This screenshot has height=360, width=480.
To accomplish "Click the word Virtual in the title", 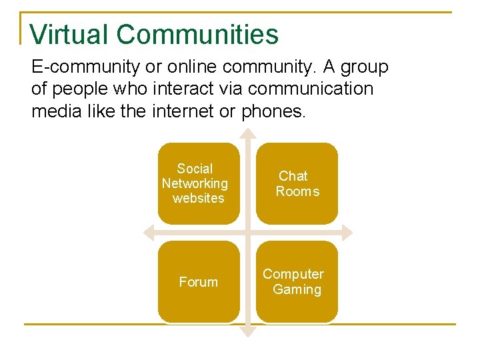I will (69, 34).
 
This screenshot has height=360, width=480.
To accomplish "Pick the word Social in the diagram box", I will (195, 169).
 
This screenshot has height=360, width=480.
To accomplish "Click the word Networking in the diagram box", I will (195, 183).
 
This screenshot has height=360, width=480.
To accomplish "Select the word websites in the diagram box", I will (198, 198).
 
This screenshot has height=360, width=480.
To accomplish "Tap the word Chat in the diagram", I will (293, 176).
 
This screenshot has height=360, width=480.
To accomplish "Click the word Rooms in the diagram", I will (297, 191).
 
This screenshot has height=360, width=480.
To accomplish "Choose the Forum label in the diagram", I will (198, 282).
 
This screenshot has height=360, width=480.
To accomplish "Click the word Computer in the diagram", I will (293, 274).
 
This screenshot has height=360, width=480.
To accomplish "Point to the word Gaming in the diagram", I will (297, 289).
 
